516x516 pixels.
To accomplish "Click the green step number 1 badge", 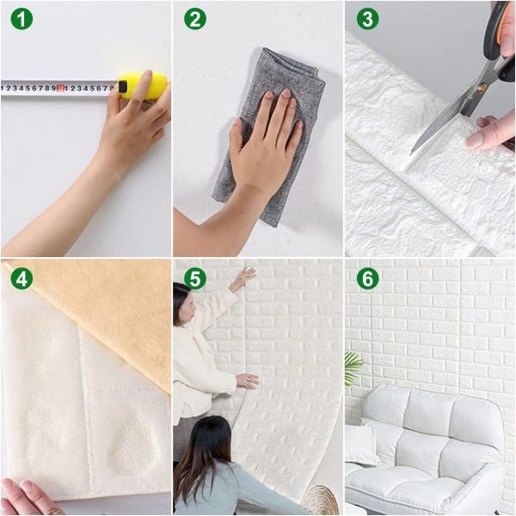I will (x=21, y=18).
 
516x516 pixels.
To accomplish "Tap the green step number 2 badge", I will (x=195, y=18).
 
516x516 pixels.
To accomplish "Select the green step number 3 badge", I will (x=367, y=18).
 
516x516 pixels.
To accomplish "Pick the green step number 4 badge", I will (x=21, y=278).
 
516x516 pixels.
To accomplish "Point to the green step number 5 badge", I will (x=195, y=278).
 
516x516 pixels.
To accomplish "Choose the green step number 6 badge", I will (x=367, y=278).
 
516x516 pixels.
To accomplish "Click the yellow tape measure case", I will (x=143, y=85).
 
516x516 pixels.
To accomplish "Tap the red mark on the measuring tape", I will (x=61, y=88).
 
